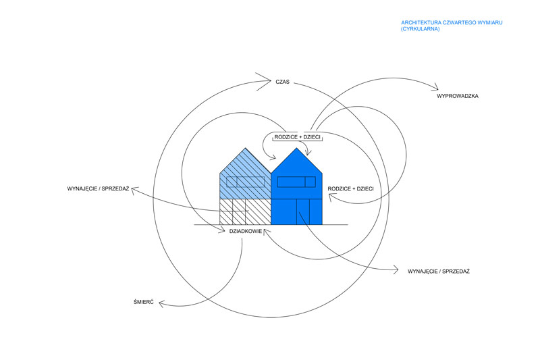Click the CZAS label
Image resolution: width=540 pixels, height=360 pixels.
click(282, 82)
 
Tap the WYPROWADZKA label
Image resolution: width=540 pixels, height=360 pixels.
click(458, 97)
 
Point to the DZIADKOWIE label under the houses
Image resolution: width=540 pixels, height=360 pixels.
click(245, 231)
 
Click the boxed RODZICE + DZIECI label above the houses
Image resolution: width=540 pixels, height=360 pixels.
click(297, 137)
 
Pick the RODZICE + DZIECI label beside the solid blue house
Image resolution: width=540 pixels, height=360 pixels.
click(350, 188)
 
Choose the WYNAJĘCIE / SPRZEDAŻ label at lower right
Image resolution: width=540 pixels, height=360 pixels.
click(439, 271)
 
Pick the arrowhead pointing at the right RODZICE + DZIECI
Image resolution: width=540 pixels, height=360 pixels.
click(330, 196)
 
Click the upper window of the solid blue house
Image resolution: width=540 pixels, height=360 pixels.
click(296, 181)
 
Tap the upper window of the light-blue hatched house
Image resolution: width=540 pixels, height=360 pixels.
click(245, 181)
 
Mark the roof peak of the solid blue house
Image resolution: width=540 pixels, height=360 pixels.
click(296, 148)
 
